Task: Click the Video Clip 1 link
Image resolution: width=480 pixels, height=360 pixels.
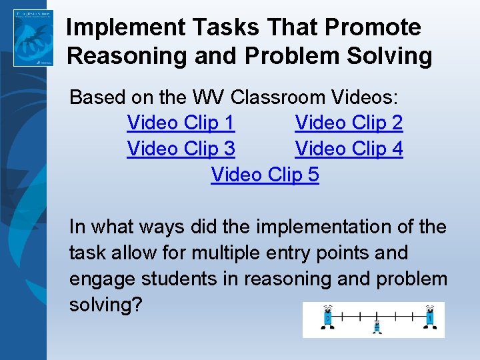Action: tap(180, 123)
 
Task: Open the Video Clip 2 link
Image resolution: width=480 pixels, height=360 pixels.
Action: tap(349, 123)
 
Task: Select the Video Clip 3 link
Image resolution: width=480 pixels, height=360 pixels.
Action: tap(180, 149)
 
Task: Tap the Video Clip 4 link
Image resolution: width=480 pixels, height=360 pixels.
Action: tap(349, 149)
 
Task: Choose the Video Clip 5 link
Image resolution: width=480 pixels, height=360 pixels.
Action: tap(265, 175)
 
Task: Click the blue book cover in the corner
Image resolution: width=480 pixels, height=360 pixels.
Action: tap(33, 37)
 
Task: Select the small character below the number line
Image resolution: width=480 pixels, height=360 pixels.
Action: tap(377, 326)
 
